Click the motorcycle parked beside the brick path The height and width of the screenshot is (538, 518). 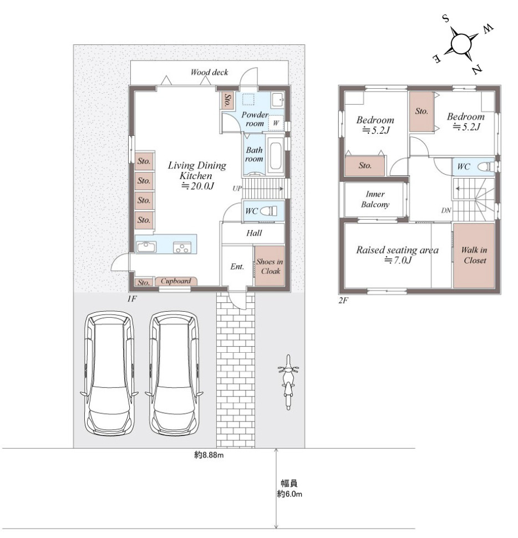(x=288, y=382)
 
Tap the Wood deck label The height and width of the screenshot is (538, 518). (x=209, y=72)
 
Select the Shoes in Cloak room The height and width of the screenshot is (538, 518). (x=270, y=266)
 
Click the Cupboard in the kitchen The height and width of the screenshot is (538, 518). (x=176, y=281)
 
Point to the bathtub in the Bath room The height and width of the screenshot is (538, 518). (x=275, y=156)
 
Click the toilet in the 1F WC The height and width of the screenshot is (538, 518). (x=268, y=211)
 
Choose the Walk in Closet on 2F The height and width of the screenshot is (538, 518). (x=474, y=255)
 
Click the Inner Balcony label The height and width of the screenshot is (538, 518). (x=375, y=199)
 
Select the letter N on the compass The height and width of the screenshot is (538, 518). (x=477, y=70)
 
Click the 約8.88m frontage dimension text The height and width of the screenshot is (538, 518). (x=209, y=455)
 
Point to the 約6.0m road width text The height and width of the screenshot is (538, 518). (x=290, y=494)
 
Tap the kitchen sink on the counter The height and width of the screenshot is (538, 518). (x=146, y=246)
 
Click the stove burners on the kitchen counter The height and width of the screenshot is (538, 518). (x=182, y=247)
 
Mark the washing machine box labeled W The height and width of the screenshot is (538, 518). (x=276, y=123)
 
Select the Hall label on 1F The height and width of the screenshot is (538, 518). (x=254, y=234)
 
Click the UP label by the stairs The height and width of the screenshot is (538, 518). (x=237, y=189)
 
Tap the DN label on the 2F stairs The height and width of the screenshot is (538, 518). (x=446, y=210)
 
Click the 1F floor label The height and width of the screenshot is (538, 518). (x=132, y=299)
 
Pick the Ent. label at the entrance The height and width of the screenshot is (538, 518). (x=237, y=267)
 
